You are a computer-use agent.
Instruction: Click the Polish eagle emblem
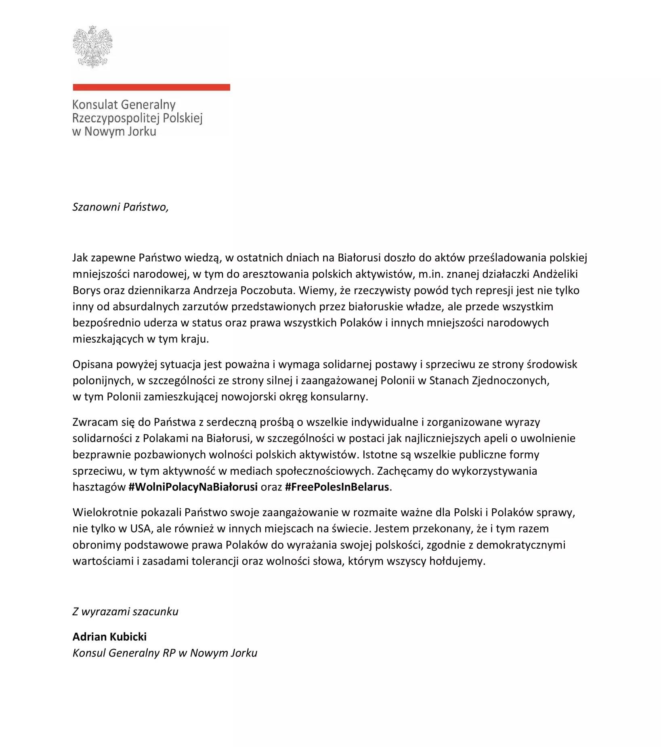coord(92,46)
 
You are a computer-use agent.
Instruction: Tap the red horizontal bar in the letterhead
coord(151,87)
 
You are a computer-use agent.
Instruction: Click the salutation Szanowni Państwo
coord(120,207)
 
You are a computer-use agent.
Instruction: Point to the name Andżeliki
coord(555,274)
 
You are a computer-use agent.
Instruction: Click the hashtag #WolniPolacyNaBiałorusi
coord(193,487)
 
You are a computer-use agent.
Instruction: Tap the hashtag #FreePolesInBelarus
coord(337,487)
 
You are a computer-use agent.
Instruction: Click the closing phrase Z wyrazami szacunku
coord(125,611)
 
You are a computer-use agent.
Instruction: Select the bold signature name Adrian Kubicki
coord(109,637)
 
